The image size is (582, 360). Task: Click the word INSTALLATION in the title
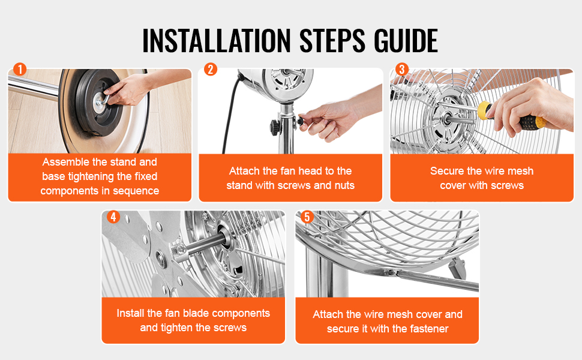coord(217,40)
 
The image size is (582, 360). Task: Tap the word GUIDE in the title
coord(406,40)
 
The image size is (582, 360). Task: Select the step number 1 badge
coord(20,69)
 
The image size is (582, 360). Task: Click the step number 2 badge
coord(211,69)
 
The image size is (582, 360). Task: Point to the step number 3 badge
coord(402,69)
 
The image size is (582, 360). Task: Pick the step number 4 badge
coord(113,217)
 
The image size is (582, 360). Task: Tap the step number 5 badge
coord(307,217)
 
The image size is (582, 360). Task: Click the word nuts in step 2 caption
coord(344,185)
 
